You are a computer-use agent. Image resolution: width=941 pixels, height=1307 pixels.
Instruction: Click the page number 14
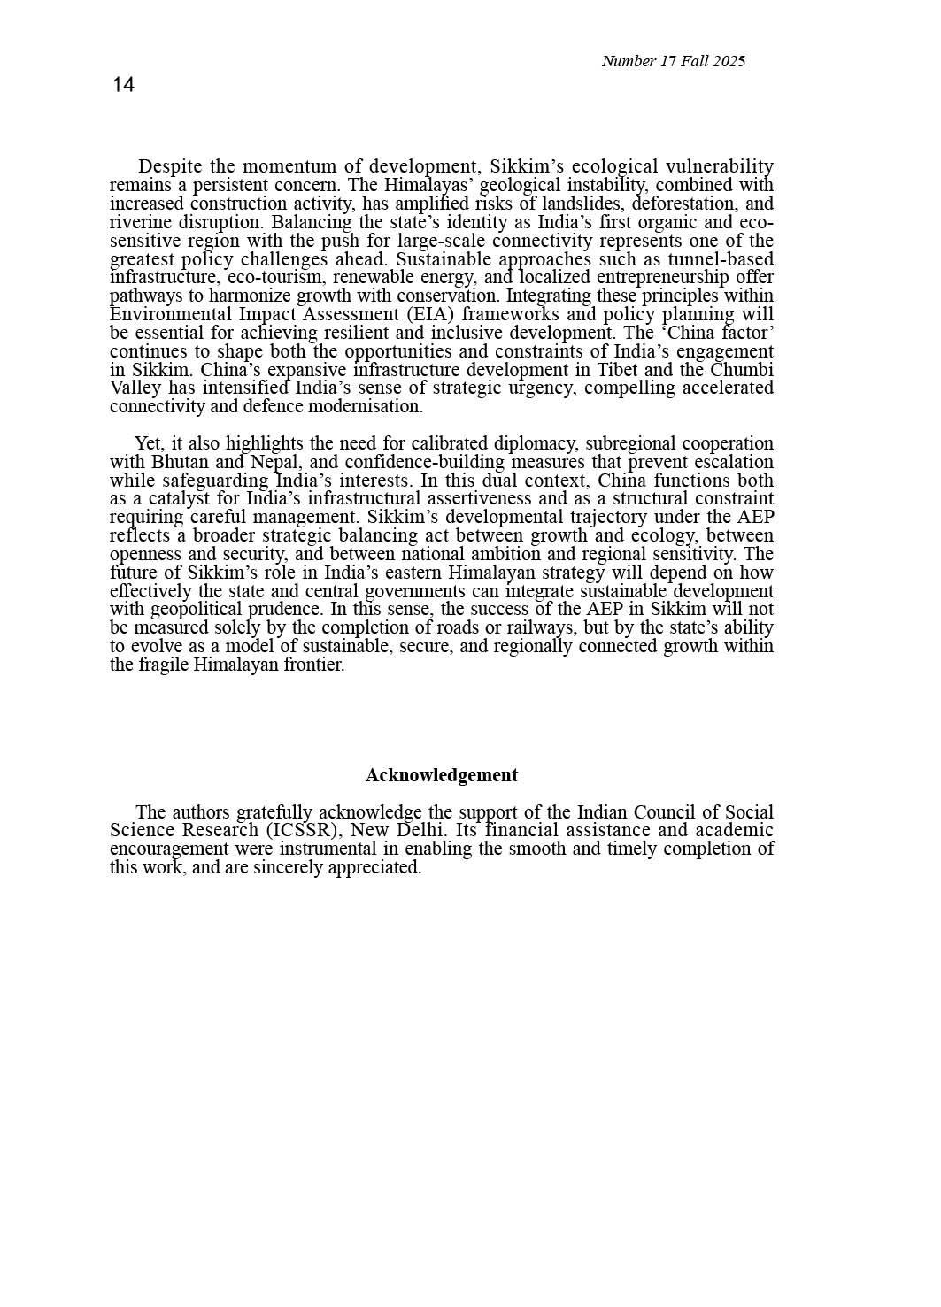pyautogui.click(x=123, y=85)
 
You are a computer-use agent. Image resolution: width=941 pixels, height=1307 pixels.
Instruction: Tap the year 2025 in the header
pyautogui.click(x=729, y=61)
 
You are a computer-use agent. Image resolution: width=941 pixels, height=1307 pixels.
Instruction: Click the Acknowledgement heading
pyautogui.click(x=441, y=775)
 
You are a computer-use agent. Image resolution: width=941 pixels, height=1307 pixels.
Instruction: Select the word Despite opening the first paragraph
pyautogui.click(x=170, y=166)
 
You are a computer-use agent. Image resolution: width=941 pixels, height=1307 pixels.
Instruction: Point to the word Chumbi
pyautogui.click(x=742, y=370)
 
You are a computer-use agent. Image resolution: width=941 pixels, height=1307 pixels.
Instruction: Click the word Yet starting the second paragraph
pyautogui.click(x=149, y=443)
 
